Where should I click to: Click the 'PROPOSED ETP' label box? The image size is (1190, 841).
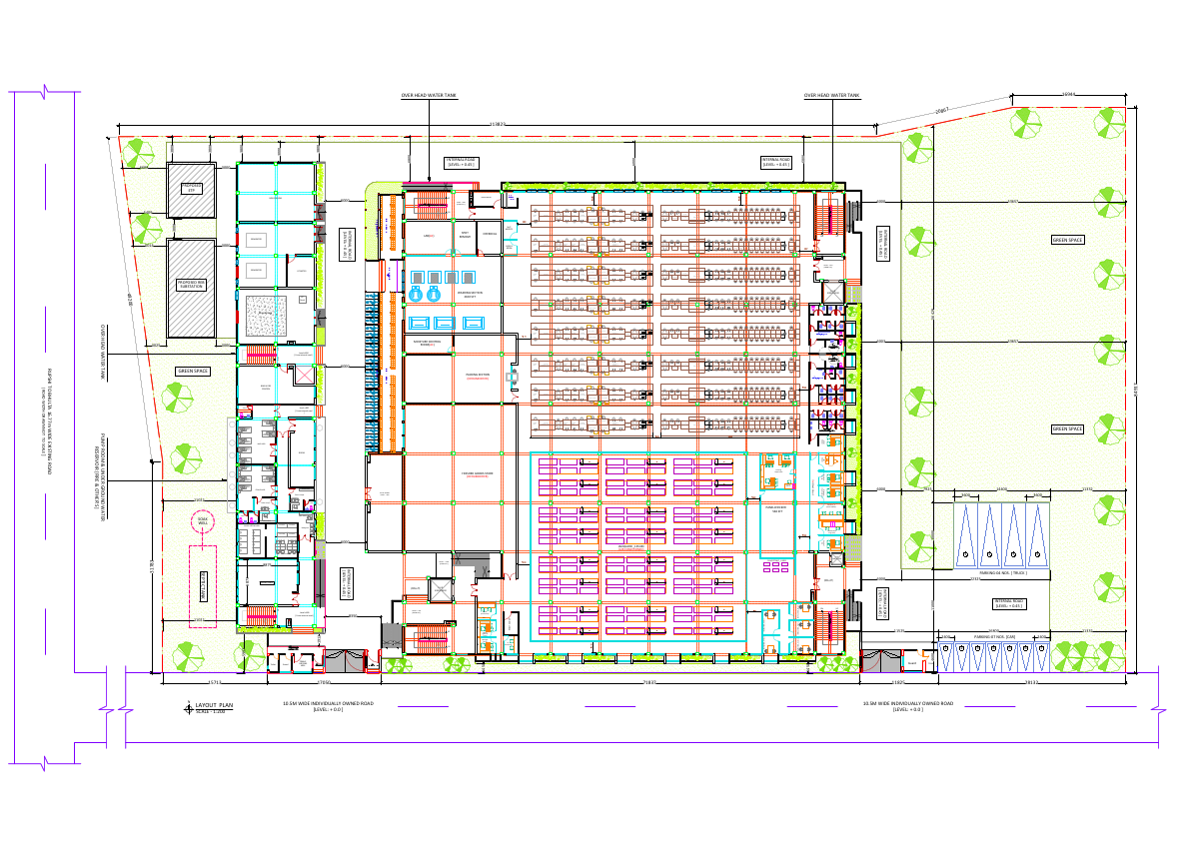click(191, 188)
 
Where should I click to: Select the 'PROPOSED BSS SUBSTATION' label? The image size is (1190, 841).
click(191, 285)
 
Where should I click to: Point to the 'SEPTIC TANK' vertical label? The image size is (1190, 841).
click(203, 586)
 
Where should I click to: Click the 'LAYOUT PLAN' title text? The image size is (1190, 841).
click(214, 705)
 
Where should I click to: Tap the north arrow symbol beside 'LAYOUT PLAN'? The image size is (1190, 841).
click(188, 709)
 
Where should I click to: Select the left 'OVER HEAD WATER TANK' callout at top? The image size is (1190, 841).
click(429, 96)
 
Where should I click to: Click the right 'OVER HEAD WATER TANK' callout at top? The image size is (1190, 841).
click(831, 96)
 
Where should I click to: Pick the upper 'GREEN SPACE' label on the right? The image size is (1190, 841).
click(1067, 240)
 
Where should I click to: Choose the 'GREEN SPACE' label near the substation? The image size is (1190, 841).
click(192, 372)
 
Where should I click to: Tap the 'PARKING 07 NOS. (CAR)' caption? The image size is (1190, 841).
click(994, 635)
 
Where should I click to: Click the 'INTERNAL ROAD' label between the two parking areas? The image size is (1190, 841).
click(1009, 603)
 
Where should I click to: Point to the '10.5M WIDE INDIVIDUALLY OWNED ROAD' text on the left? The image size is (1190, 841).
click(328, 705)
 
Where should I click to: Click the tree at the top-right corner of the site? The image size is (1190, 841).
click(1106, 123)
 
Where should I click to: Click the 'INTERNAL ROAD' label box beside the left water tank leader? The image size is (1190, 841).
click(462, 162)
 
